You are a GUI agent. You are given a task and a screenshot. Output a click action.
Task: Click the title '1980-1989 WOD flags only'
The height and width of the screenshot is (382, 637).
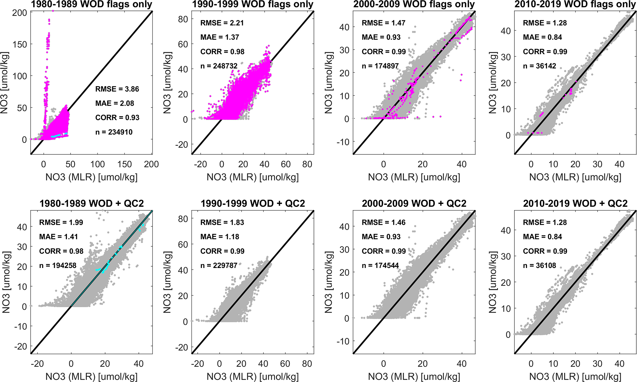point(92,4)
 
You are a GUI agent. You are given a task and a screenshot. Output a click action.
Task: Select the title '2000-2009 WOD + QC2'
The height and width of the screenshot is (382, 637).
point(414,204)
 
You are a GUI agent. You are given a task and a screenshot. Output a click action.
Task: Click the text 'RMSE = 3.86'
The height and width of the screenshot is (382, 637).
point(117,89)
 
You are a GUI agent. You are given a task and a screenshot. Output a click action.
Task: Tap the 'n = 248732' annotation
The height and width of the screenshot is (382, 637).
point(219,66)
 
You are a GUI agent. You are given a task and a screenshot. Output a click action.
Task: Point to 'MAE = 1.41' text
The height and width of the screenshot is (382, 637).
point(59,237)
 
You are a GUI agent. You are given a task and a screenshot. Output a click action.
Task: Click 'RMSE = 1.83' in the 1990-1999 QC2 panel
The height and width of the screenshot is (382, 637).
point(222,222)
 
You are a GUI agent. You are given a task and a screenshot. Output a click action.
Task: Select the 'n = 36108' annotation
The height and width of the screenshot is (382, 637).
point(539,265)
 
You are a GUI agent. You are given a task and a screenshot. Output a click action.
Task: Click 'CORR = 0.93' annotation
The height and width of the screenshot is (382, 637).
point(117,118)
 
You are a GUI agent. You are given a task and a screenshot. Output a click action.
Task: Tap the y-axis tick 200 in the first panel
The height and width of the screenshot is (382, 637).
point(20,13)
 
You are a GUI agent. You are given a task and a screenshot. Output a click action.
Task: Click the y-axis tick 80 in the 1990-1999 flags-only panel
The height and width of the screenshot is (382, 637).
point(183,19)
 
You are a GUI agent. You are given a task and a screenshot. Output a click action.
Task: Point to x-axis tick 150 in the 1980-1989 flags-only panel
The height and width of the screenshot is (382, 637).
point(124,164)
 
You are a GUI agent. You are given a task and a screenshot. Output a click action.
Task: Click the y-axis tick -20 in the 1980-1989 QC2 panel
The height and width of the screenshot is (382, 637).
point(21,346)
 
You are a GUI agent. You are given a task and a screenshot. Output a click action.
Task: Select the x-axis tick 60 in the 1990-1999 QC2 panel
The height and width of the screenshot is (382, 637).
point(285,364)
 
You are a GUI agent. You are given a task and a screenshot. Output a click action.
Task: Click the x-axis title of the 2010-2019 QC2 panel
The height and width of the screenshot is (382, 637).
point(575,376)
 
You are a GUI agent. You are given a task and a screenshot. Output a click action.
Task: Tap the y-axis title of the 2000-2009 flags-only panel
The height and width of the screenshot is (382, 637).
point(329,83)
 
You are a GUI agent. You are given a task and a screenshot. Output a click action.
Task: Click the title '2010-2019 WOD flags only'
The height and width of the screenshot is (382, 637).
point(575,4)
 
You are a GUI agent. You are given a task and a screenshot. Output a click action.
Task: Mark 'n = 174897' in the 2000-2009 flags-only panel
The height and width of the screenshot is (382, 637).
point(380,66)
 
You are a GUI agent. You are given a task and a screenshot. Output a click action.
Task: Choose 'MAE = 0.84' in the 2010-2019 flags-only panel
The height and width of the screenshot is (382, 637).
point(542,37)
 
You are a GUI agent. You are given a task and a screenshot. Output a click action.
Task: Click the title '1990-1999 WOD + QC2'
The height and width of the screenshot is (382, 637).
point(253,204)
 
